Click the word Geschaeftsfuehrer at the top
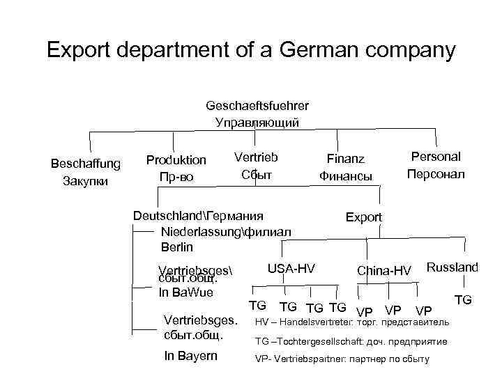257,106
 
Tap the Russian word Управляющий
257,123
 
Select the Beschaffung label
86,164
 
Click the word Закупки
86,182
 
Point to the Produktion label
176,160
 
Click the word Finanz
345,160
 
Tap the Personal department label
436,157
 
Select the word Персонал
436,173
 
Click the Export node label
364,217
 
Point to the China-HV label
384,270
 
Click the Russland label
452,267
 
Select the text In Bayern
190,356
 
